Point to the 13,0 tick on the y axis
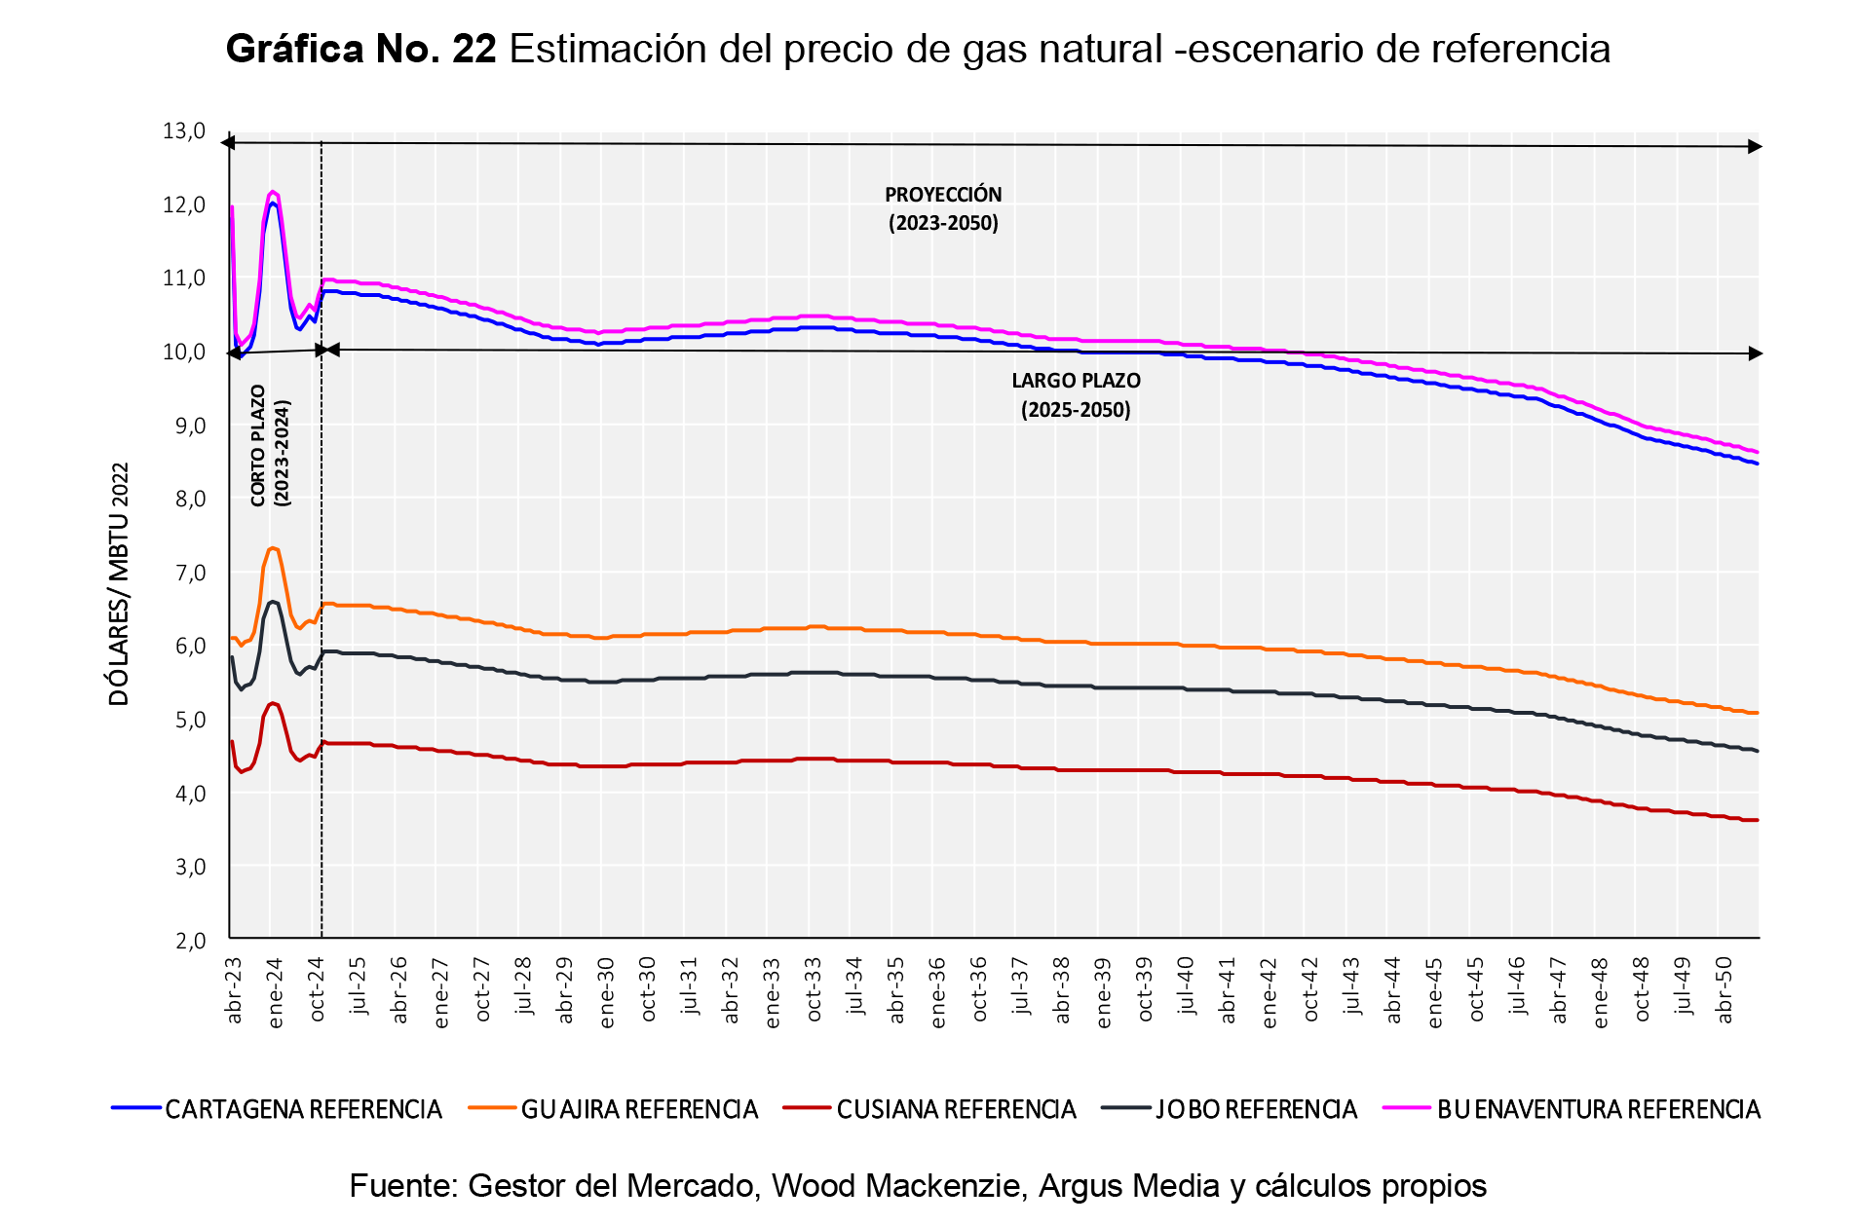(x=184, y=131)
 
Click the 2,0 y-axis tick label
(x=190, y=941)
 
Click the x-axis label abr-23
(x=234, y=990)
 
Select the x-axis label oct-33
(x=814, y=990)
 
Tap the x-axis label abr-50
(x=1724, y=990)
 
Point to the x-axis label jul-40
(x=1186, y=985)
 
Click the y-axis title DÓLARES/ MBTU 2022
(x=118, y=583)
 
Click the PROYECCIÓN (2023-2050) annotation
(x=943, y=208)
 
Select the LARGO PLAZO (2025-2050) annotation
(x=1076, y=394)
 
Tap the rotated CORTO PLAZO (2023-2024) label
(x=270, y=446)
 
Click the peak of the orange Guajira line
(x=273, y=548)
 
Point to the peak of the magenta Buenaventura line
(x=273, y=192)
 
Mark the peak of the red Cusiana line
(x=273, y=702)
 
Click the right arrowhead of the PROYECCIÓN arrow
(x=1756, y=146)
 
